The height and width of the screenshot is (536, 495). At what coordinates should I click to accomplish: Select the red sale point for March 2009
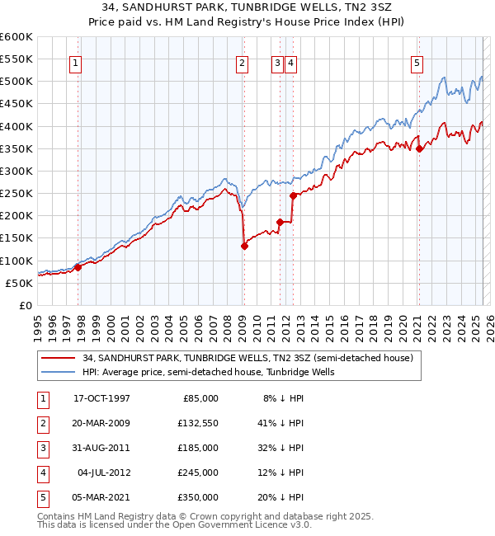coord(244,245)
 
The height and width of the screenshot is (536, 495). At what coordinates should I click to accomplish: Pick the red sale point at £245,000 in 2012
coord(293,195)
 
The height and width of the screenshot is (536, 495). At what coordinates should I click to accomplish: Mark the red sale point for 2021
coord(419,148)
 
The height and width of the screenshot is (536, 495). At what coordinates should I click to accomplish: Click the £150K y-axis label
coord(16,238)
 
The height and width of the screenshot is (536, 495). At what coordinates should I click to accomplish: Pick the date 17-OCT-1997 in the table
coord(101,397)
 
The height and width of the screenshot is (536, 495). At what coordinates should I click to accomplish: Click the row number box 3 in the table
coord(43,448)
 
